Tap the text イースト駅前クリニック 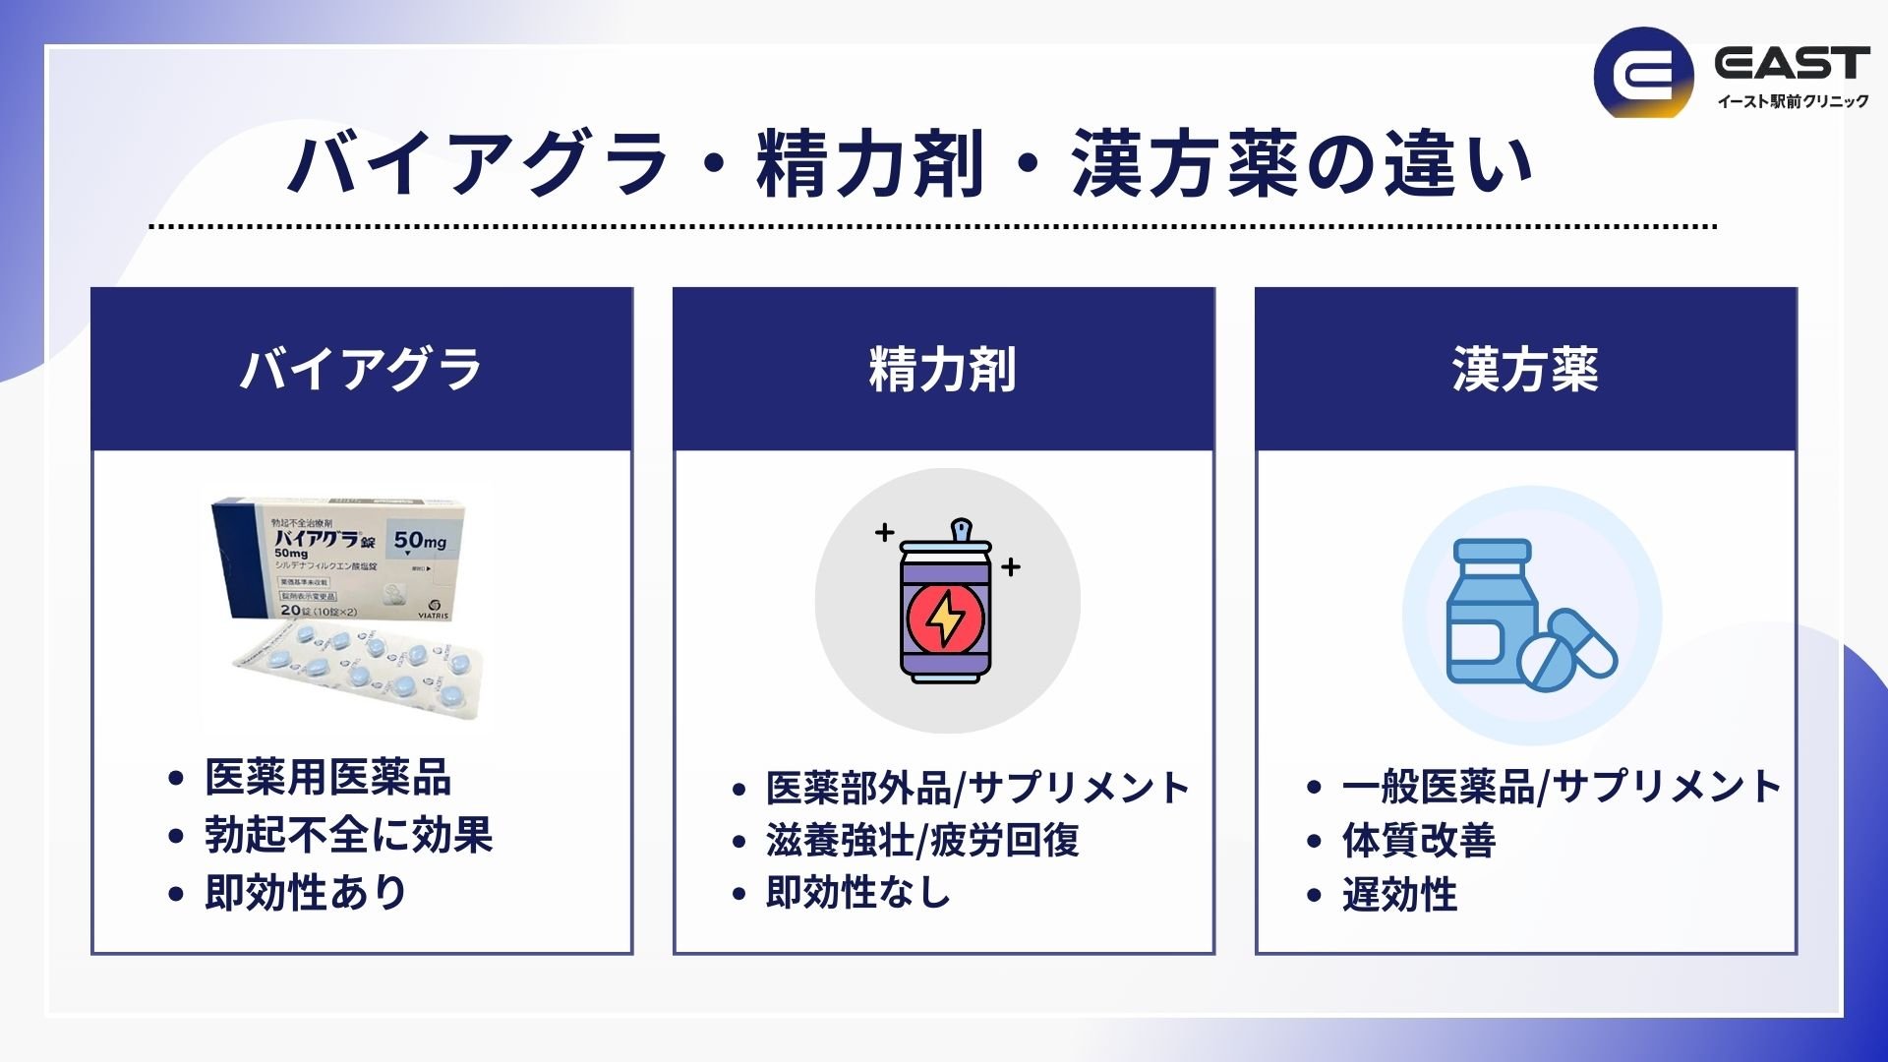click(x=1792, y=101)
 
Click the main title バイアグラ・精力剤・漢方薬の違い click(x=911, y=164)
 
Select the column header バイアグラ click(x=361, y=370)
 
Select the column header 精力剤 click(x=943, y=370)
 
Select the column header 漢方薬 click(x=1525, y=370)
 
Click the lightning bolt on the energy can click(x=946, y=619)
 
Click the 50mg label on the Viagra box click(x=420, y=541)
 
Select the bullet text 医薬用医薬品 click(x=327, y=778)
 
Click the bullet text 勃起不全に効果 click(x=348, y=835)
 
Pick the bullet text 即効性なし click(x=858, y=893)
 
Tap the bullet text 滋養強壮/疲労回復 click(x=922, y=841)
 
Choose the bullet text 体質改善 click(x=1418, y=841)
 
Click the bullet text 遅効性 click(x=1399, y=895)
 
